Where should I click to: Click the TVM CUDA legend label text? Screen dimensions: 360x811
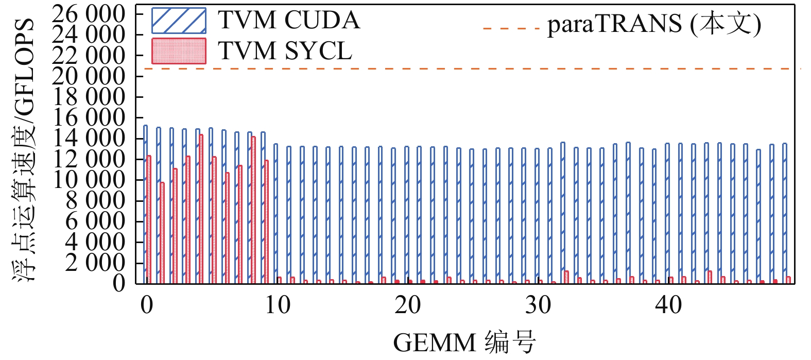pos(288,21)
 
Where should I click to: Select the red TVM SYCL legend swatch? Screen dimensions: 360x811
pos(179,51)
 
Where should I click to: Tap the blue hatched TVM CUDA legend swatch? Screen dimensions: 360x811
pos(179,21)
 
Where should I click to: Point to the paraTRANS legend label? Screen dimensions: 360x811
pos(654,24)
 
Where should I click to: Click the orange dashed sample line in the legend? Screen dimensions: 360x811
pos(511,28)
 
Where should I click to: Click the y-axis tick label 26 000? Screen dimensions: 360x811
pos(89,14)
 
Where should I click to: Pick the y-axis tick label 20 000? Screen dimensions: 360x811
pos(89,76)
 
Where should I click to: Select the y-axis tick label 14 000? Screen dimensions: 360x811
pos(89,139)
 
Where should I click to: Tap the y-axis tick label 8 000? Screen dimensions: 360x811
pos(95,201)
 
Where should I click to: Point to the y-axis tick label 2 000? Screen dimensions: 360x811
pos(95,263)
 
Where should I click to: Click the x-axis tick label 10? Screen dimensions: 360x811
pos(277,305)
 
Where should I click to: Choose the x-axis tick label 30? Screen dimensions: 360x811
pos(538,305)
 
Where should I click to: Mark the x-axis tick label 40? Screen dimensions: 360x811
pos(668,305)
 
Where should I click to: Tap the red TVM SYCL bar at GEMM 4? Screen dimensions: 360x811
pos(201,209)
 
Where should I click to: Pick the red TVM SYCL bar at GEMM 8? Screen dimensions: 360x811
pos(253,210)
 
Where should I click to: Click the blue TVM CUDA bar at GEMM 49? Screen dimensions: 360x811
pos(784,214)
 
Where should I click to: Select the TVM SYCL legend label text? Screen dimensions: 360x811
pos(285,51)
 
